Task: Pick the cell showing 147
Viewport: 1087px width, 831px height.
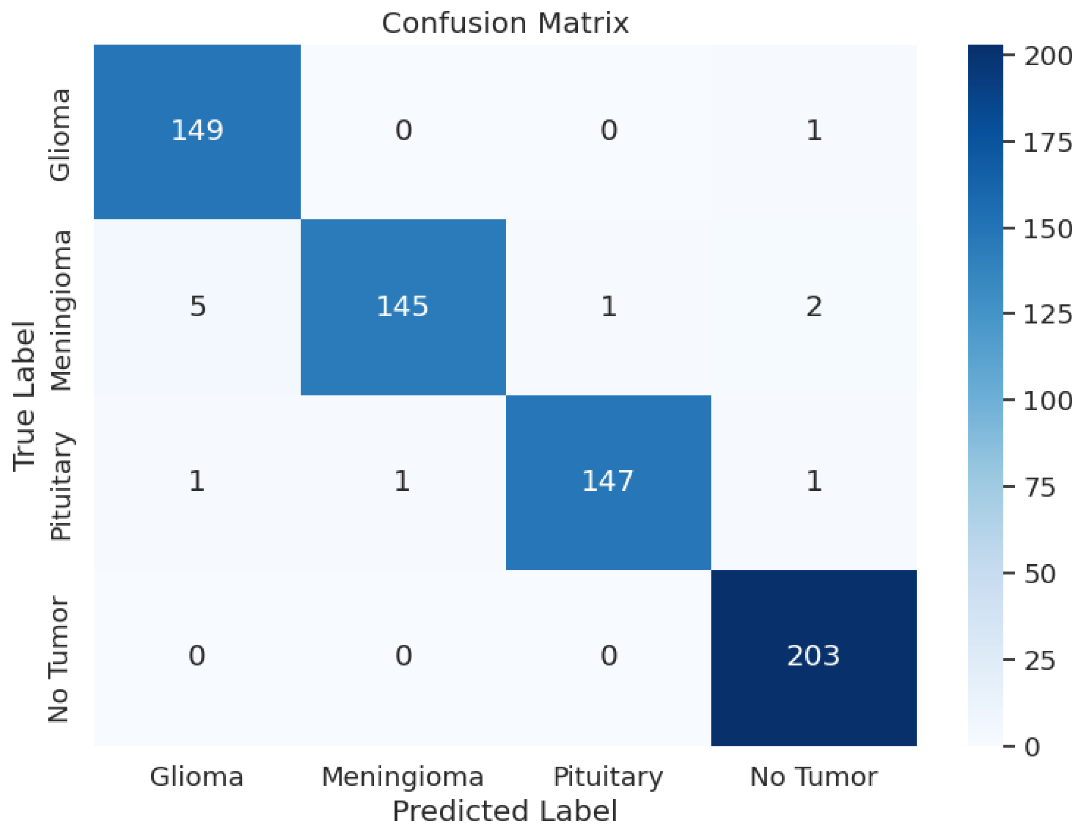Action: coord(608,481)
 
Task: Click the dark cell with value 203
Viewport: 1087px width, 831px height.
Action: coord(813,656)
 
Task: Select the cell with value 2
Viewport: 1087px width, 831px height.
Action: coord(813,307)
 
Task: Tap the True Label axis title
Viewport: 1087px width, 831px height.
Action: coord(24,396)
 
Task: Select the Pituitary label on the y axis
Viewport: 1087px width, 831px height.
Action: coord(61,486)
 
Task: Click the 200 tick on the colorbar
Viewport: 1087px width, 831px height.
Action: coord(1048,56)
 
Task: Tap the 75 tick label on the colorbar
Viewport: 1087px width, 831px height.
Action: coord(1040,488)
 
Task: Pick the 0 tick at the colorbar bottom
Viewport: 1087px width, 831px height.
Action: coord(1032,747)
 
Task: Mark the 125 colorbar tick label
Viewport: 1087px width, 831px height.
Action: coord(1048,315)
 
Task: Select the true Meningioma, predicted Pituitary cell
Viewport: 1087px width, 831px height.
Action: coord(608,307)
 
